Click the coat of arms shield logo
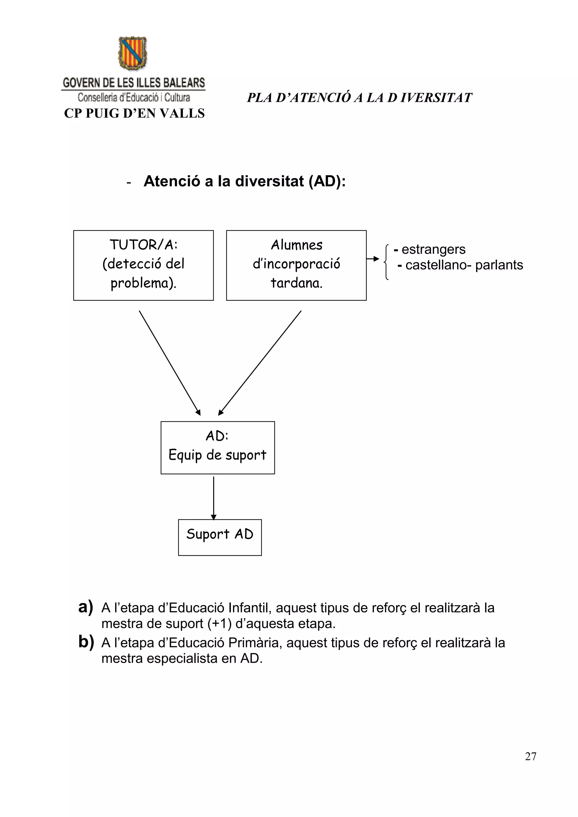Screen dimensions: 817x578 tap(133, 53)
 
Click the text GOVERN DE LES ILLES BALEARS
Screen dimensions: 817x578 tap(133, 83)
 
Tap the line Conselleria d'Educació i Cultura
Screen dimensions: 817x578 tap(133, 97)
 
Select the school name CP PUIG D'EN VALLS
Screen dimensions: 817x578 tap(134, 113)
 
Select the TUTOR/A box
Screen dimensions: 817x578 tap(143, 265)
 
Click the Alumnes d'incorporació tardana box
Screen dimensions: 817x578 tap(296, 265)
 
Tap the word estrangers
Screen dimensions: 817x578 tap(433, 249)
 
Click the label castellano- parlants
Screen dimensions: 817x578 tap(464, 265)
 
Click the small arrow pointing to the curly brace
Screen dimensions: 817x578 tap(373, 259)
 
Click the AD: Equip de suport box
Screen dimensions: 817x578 tap(218, 448)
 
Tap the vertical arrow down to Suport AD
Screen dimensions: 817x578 tap(214, 498)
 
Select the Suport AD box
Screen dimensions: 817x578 tap(220, 537)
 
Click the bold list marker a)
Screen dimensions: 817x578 tap(86, 607)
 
